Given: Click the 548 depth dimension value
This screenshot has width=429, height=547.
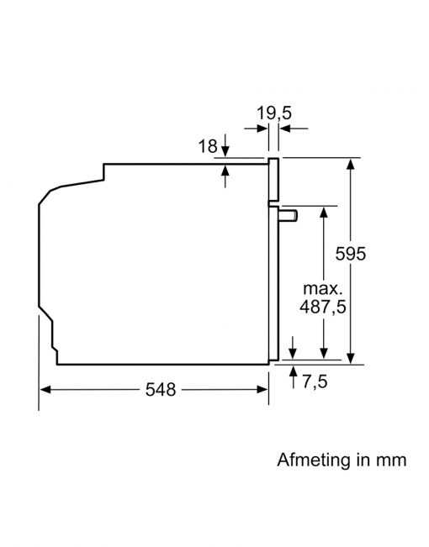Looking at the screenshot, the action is (161, 389).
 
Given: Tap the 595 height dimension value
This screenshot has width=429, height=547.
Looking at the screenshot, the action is (351, 254).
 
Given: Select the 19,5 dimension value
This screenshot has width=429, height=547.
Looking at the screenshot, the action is (274, 113).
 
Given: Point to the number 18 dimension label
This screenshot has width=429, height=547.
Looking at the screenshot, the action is (208, 146).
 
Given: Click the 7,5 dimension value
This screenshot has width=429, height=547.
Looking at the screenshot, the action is (315, 381).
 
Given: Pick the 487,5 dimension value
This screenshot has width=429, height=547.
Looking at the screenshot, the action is (323, 307).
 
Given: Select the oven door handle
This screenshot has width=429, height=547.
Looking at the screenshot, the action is (288, 216).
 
